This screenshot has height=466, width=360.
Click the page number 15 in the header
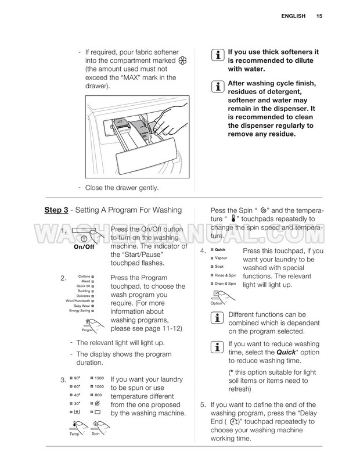[319, 16]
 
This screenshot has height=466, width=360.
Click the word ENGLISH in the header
[292, 16]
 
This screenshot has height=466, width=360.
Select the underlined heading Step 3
[57, 210]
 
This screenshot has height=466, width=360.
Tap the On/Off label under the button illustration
[84, 247]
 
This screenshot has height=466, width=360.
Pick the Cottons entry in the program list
[83, 277]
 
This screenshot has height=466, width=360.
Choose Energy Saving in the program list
[80, 311]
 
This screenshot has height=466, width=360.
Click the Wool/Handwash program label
[77, 300]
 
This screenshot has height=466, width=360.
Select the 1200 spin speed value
[99, 378]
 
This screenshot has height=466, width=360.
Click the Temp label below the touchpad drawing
[74, 434]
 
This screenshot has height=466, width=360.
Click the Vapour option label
[221, 257]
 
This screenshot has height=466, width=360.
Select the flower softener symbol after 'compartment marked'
[182, 60]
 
